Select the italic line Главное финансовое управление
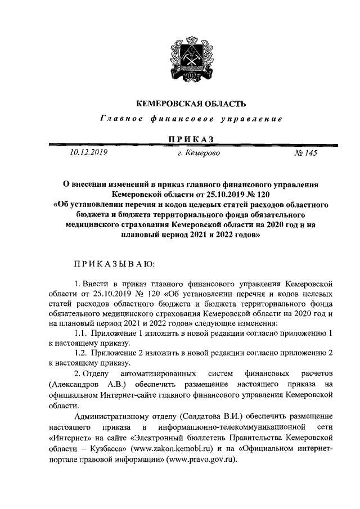click(190, 119)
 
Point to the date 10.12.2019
click(89, 151)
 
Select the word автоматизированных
click(157, 373)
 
